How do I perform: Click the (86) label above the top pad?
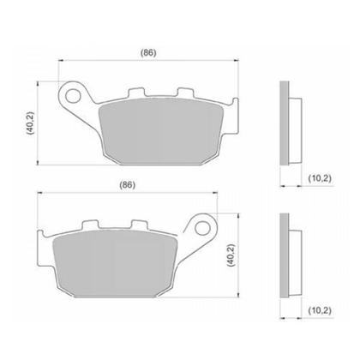tap(147, 53)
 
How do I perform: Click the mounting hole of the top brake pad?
tap(75, 90)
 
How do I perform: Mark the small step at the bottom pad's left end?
tap(43, 245)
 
